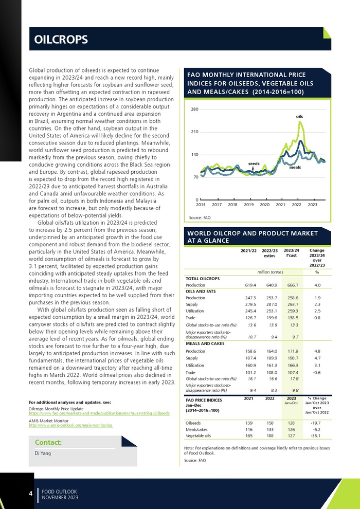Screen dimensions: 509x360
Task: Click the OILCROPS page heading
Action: [x=61, y=40]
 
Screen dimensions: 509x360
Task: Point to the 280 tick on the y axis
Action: [x=194, y=110]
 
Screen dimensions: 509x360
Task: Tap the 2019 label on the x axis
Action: [x=248, y=205]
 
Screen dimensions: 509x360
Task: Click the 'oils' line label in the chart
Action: [x=299, y=117]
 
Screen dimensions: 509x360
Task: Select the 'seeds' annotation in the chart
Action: [x=254, y=163]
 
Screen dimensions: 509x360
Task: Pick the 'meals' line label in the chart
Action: [x=295, y=168]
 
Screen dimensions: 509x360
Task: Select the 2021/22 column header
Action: [x=248, y=250]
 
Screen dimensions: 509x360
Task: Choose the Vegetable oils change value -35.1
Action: [x=317, y=435]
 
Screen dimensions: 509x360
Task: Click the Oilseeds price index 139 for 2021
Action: [x=248, y=423]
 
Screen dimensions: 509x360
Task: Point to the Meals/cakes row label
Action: [x=193, y=429]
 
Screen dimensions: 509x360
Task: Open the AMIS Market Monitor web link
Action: [x=70, y=426]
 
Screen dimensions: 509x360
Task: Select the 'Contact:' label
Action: [x=48, y=442]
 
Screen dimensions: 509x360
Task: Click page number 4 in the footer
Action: [x=30, y=494]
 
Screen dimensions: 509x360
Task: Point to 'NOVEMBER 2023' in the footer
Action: [x=60, y=498]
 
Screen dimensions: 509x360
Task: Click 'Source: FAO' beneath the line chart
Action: [x=200, y=217]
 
